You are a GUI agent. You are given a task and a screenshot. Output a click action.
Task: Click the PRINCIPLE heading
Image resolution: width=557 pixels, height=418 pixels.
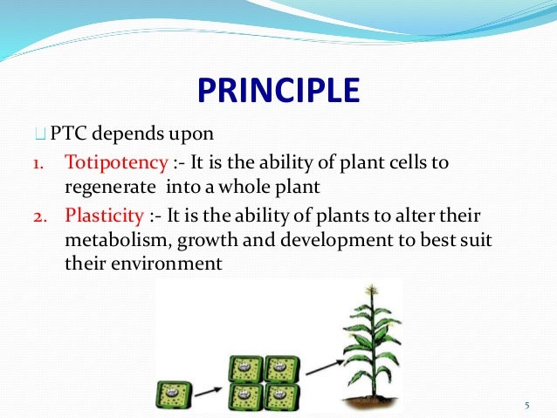point(278,90)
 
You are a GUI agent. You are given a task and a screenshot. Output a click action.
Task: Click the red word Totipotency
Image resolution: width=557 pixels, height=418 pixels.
point(116,163)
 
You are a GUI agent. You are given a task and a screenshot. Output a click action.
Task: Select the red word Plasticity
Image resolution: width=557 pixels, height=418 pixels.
point(105,216)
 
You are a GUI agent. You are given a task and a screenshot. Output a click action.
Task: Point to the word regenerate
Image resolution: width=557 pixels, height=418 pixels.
point(110,188)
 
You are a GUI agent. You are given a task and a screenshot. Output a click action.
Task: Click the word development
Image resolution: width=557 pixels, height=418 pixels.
point(336,241)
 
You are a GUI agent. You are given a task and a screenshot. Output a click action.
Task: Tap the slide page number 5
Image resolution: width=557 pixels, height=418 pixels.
point(527,405)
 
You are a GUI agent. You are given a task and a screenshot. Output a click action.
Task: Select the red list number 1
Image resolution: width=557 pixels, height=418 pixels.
point(38,164)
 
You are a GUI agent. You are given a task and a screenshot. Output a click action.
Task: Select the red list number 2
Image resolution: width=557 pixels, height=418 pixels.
point(40,216)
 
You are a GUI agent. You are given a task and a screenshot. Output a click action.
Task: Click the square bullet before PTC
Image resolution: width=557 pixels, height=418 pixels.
point(40,134)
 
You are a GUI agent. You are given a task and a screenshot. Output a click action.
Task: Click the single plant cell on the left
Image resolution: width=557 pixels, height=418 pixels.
point(174,394)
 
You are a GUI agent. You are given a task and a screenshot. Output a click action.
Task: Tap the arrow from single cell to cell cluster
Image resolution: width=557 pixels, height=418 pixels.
point(208,392)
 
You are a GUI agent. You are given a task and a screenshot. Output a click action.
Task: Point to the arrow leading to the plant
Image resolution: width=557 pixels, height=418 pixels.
point(325,367)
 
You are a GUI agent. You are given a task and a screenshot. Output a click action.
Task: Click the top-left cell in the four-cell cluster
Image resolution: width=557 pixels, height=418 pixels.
point(246,368)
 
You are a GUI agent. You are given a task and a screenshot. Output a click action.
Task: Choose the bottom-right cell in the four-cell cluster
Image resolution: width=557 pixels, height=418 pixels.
point(282,397)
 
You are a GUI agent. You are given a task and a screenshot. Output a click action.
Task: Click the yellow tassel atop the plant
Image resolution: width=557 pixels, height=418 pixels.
point(372,290)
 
